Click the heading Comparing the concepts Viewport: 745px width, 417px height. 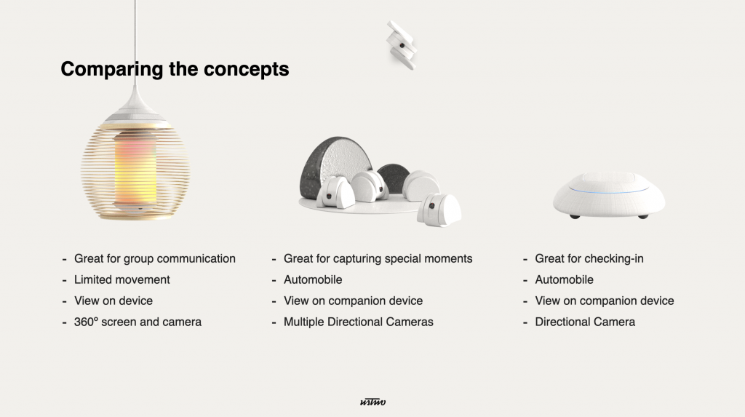click(x=175, y=69)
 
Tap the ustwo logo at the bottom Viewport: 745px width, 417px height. click(x=372, y=402)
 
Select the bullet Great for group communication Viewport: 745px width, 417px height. click(x=154, y=258)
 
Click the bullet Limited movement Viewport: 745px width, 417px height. click(x=121, y=279)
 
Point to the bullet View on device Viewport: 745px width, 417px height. click(x=113, y=301)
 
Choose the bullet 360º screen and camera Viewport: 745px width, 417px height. click(x=138, y=322)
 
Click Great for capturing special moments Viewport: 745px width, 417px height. click(x=378, y=258)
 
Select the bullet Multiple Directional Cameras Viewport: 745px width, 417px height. click(x=358, y=322)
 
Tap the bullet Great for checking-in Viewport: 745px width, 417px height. click(x=589, y=258)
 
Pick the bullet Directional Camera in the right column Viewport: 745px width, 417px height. click(x=585, y=322)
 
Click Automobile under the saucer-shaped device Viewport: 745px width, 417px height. click(x=564, y=279)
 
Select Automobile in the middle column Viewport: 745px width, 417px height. click(x=313, y=279)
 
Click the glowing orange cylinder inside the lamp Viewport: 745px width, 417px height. click(x=135, y=168)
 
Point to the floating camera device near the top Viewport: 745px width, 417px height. click(x=402, y=45)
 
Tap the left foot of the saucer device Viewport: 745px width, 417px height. click(x=575, y=216)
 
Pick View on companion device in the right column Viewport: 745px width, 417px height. click(x=605, y=301)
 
